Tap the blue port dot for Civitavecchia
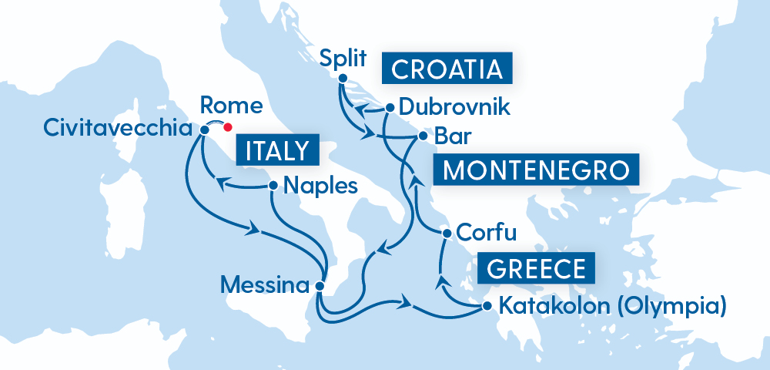(x=204, y=129)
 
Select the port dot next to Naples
(x=273, y=186)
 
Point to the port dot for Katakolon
(x=486, y=307)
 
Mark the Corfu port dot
(x=445, y=232)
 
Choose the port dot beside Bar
(x=422, y=136)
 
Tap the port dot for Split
(x=342, y=77)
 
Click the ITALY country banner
(x=279, y=150)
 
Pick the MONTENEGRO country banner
(x=536, y=170)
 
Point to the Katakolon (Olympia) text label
(x=613, y=307)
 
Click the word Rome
(x=231, y=105)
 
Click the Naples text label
(x=320, y=186)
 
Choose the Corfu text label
(x=486, y=232)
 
